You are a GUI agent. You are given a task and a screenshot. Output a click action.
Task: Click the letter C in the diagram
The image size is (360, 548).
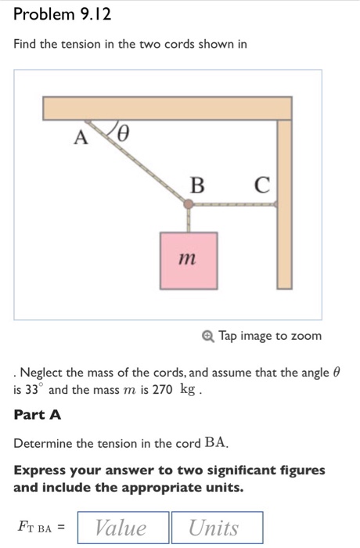[261, 186]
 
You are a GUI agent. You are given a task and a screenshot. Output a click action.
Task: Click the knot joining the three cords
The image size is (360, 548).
[189, 205]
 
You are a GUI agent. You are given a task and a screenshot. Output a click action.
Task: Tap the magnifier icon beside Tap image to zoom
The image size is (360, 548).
[207, 336]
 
